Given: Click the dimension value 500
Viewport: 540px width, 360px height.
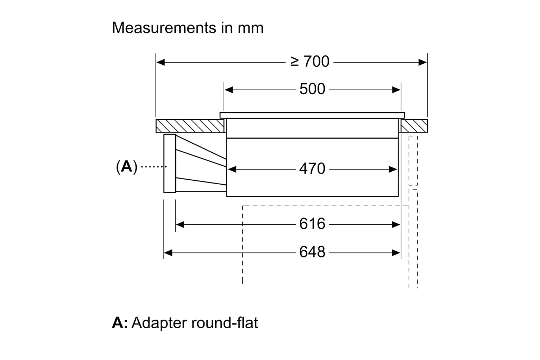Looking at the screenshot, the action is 312,89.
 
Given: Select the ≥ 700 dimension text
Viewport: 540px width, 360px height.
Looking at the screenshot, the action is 310,61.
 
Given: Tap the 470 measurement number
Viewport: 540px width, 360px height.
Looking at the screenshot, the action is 312,168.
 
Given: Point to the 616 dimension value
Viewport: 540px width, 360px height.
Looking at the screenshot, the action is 312,224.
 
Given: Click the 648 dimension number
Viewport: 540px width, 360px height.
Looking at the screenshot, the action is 312,252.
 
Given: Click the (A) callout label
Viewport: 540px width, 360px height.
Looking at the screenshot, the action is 127,167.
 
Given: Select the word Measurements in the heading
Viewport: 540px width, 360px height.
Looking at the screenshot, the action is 164,28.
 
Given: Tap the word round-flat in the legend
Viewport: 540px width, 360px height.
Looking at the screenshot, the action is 225,323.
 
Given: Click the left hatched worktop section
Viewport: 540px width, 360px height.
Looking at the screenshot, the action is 190,126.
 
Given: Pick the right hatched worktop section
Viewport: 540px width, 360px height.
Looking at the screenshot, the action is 414,126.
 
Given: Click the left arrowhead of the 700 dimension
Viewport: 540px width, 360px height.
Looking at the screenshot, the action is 161,62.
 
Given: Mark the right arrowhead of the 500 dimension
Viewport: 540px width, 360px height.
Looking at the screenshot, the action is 396,90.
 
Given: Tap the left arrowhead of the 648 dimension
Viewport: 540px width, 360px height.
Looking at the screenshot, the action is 168,253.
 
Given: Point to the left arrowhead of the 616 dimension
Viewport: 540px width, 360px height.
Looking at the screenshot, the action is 180,225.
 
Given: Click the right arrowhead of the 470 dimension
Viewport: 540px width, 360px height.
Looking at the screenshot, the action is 393,170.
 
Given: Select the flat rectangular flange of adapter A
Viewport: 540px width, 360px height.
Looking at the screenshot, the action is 170,163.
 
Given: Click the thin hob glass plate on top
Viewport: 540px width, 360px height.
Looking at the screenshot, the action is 312,116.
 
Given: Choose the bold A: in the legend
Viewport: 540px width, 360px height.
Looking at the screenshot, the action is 120,323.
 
